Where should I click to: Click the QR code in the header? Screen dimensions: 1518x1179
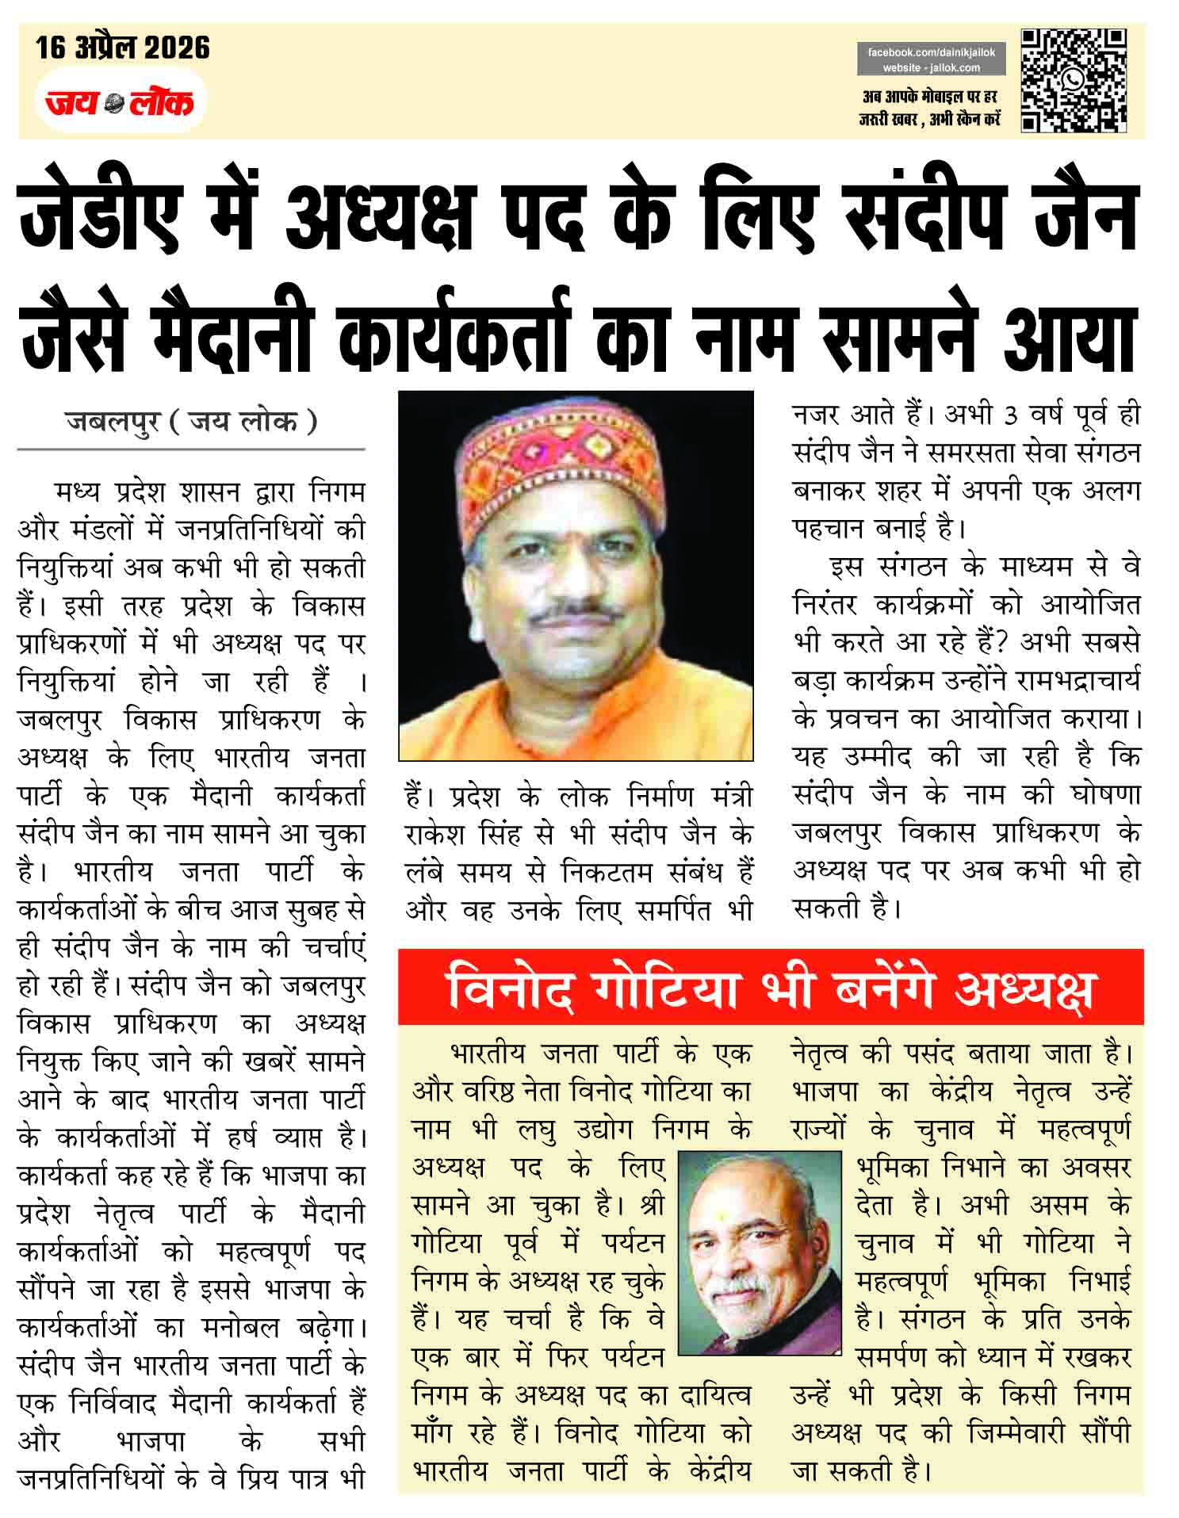[x=1074, y=80]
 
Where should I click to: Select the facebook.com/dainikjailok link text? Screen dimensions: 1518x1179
[x=931, y=52]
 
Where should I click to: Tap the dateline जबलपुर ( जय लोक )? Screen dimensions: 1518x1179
[x=191, y=421]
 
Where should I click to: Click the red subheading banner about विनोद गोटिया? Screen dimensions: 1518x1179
[x=770, y=987]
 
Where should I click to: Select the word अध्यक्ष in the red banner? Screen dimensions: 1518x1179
[x=1024, y=988]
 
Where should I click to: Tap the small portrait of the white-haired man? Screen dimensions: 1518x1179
[x=760, y=1254]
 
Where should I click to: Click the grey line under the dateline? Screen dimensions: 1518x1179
[x=191, y=449]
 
